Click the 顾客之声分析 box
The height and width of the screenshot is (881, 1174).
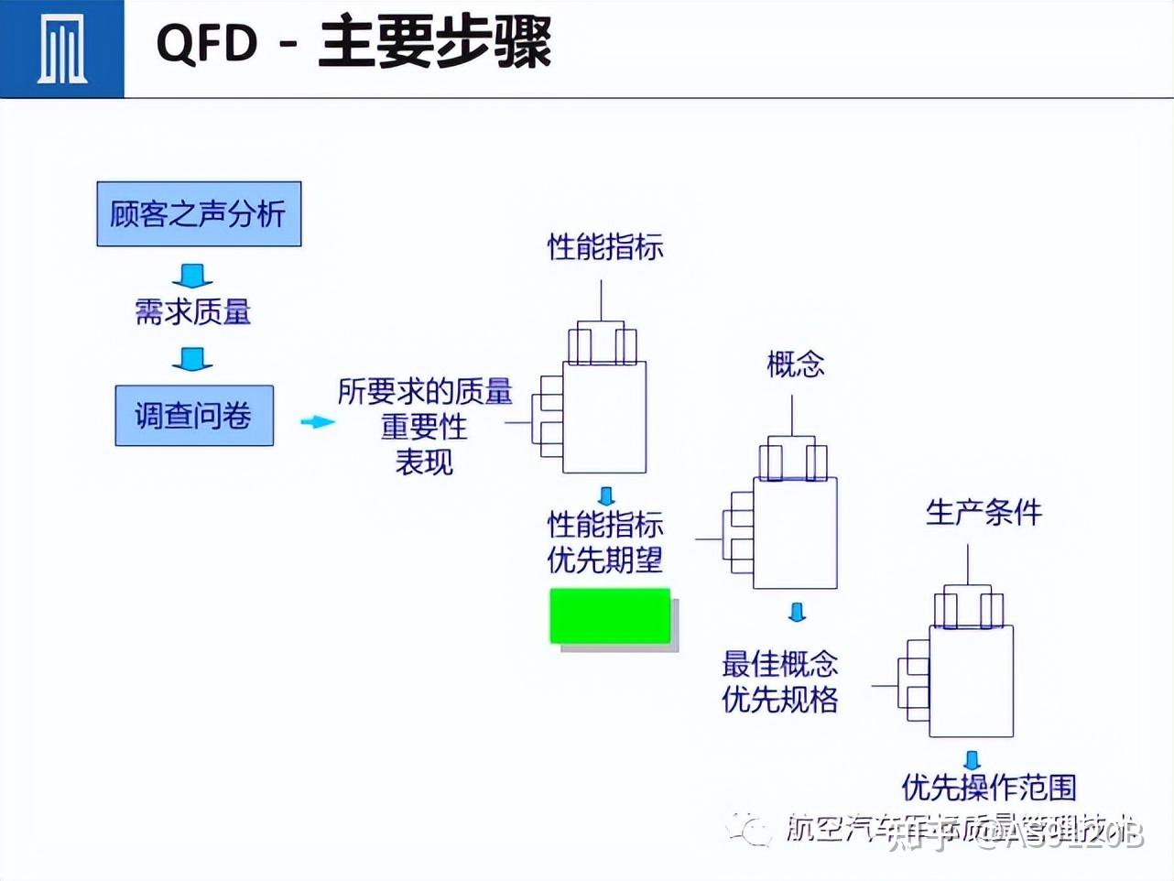click(199, 213)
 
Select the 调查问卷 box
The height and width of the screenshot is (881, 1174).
click(194, 416)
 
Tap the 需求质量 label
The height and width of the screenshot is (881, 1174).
click(192, 312)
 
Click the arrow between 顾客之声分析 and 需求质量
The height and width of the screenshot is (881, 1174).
click(192, 275)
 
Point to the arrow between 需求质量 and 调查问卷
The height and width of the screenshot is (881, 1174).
click(192, 358)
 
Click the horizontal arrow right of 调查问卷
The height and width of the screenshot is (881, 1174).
click(317, 421)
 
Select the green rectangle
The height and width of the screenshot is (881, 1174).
click(610, 615)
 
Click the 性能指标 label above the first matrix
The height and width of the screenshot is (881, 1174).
click(604, 246)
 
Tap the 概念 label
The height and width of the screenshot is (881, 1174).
click(795, 364)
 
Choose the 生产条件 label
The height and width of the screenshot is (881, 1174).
click(983, 512)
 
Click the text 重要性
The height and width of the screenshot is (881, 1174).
click(424, 427)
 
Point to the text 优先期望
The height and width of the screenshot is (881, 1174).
click(604, 560)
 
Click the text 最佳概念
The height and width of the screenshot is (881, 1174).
click(779, 663)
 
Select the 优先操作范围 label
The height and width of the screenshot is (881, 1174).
click(988, 787)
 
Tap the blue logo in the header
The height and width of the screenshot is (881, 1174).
click(61, 48)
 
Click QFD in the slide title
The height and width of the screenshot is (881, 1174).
click(207, 43)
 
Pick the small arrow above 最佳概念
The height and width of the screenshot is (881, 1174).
click(797, 612)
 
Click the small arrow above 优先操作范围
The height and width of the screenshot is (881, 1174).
click(972, 760)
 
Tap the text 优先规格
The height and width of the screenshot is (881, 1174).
click(779, 700)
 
